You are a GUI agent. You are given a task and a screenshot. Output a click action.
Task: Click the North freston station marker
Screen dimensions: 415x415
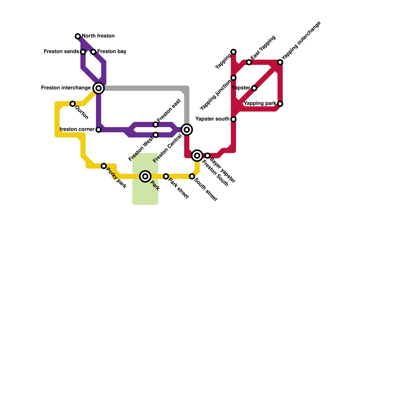click(78, 36)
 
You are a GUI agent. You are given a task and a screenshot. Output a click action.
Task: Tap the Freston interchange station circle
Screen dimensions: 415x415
click(99, 88)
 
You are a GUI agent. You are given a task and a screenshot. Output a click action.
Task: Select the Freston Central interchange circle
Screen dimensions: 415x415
click(187, 129)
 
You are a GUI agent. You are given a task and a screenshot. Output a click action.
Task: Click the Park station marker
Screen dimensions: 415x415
click(145, 176)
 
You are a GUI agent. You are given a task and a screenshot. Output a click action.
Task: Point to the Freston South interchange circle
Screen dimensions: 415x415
click(197, 156)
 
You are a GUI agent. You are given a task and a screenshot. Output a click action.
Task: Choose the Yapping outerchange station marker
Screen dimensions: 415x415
click(280, 62)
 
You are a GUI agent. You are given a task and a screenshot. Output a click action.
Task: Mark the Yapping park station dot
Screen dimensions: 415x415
click(280, 104)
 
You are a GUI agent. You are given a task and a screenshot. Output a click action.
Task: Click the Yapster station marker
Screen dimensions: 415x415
click(254, 88)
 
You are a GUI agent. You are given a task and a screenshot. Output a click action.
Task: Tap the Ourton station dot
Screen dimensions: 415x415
click(73, 104)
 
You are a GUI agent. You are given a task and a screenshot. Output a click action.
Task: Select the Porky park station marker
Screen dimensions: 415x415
click(104, 166)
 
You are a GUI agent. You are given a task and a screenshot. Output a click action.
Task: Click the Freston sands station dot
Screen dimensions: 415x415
click(83, 52)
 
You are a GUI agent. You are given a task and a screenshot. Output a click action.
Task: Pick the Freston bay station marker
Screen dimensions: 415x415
click(93, 52)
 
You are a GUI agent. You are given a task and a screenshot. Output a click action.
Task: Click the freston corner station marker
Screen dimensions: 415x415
click(99, 129)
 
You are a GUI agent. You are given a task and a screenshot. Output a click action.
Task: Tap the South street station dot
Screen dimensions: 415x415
click(192, 176)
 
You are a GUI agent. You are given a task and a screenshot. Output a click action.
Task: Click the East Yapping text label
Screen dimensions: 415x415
click(263, 47)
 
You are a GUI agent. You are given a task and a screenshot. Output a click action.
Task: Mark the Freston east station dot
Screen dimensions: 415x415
click(156, 125)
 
